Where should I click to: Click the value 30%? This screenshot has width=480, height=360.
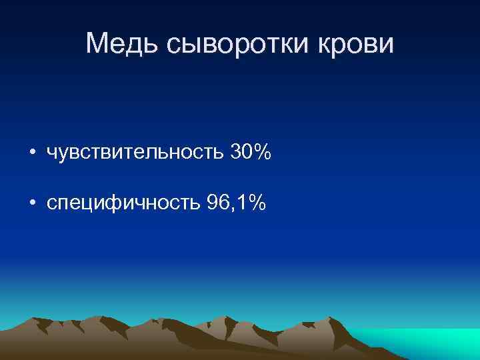pos(251,153)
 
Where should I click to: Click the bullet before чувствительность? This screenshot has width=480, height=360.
pos(32,154)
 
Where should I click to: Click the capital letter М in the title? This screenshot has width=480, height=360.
pos(98,45)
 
